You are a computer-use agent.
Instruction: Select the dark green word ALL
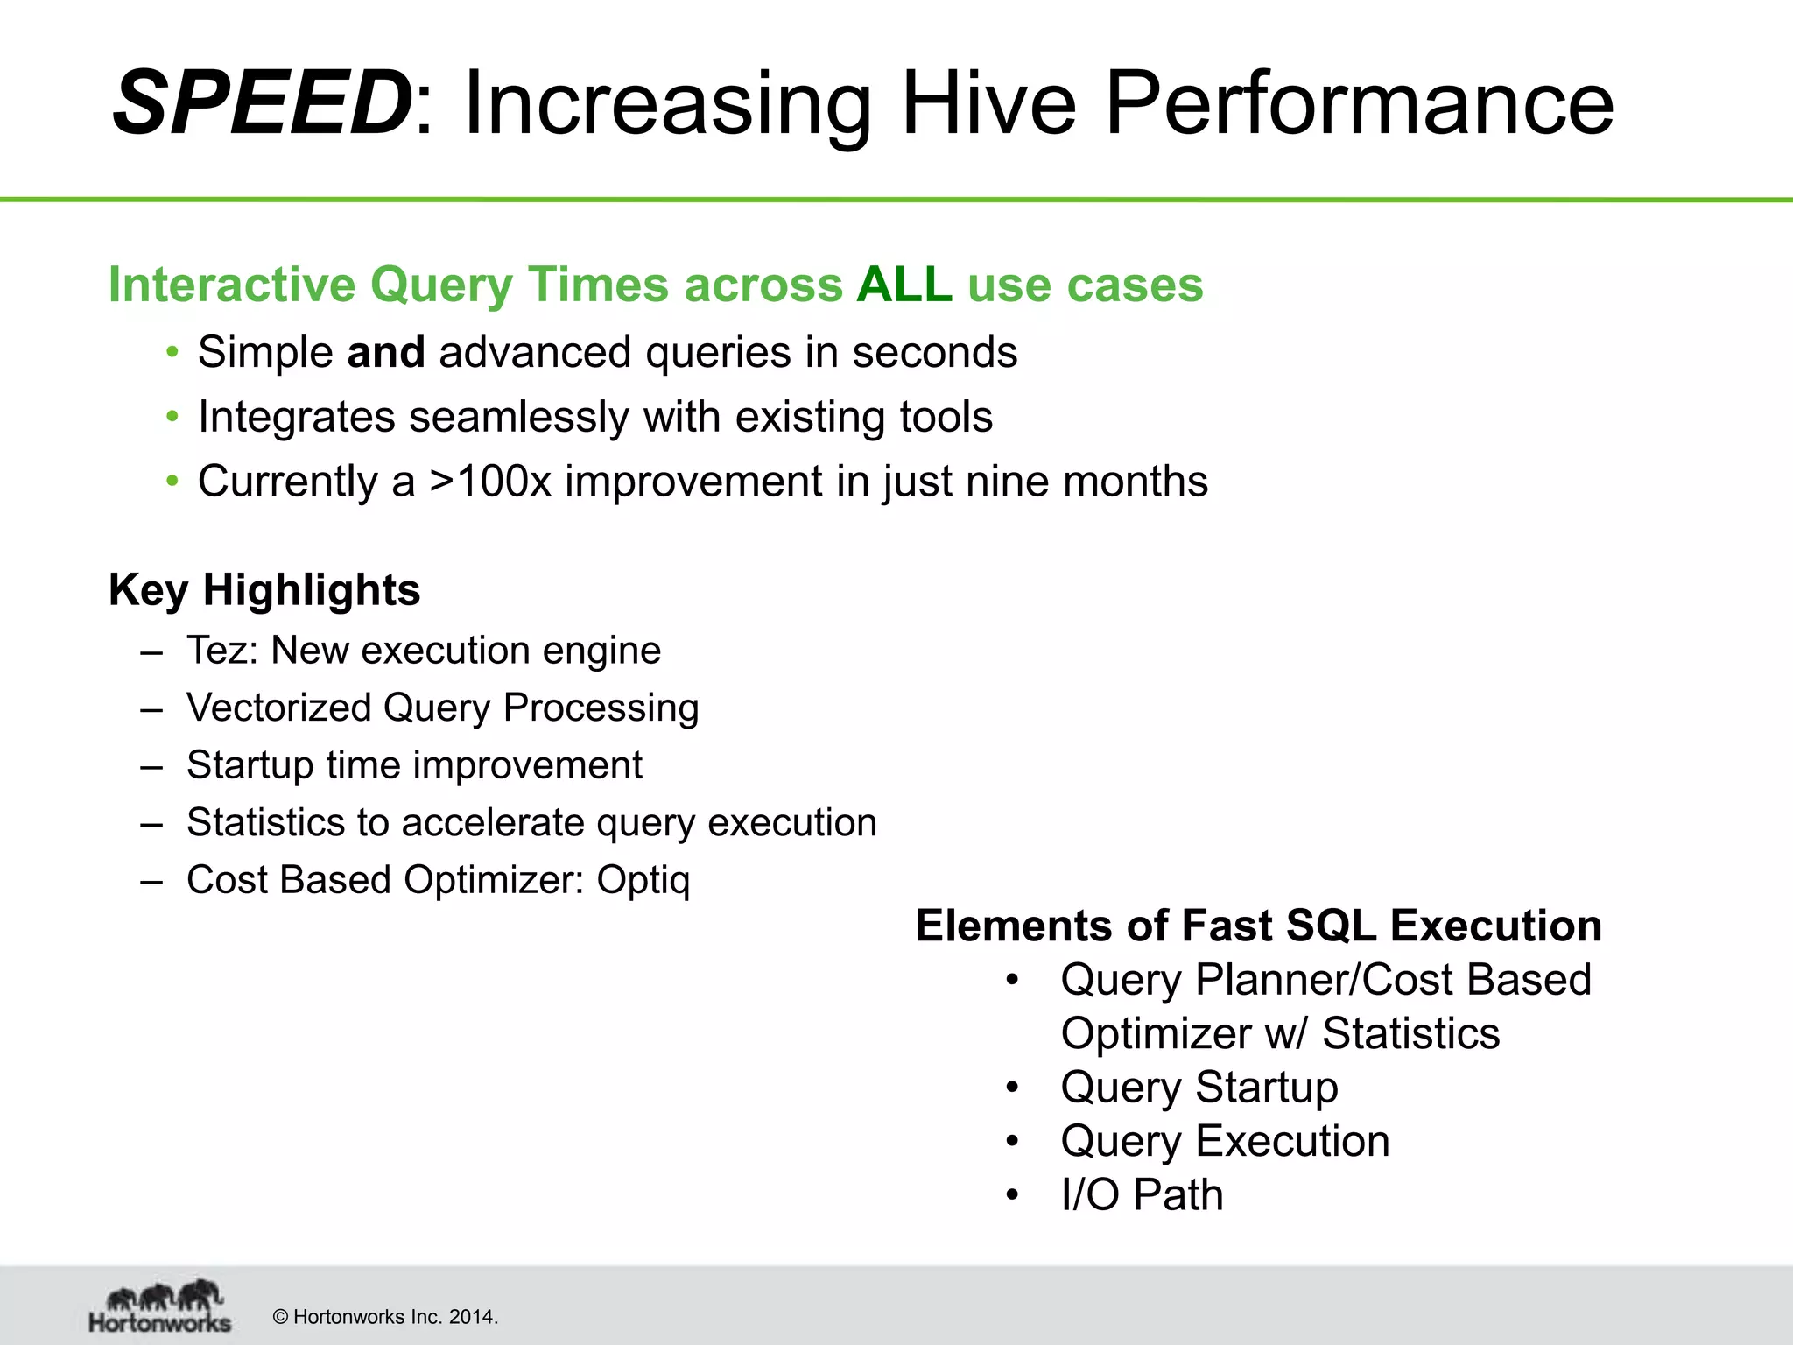904,285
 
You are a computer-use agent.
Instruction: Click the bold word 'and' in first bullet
385,352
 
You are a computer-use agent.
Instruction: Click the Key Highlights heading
264,589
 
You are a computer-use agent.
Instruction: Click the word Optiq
643,880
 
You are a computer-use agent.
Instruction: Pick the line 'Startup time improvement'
414,765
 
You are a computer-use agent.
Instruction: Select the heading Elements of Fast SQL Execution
1258,926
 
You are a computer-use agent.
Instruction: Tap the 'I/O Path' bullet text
1141,1195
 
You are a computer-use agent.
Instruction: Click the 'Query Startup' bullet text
1199,1088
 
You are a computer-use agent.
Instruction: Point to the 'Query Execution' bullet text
1224,1142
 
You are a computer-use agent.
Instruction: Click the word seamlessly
518,417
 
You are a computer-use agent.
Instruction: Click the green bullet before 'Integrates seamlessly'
172,416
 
